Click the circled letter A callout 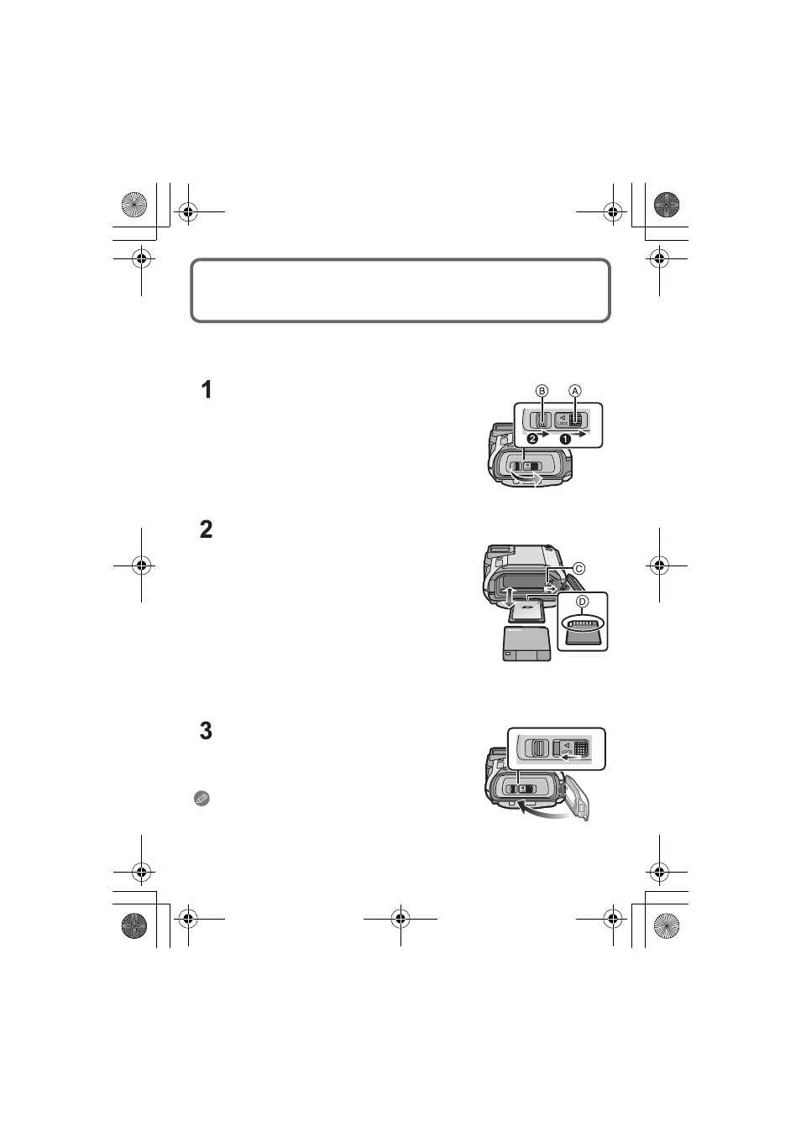[574, 391]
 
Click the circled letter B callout [542, 391]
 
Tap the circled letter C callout [578, 569]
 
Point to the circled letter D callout [582, 602]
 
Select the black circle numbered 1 [565, 439]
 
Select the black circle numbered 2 [531, 438]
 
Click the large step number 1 [207, 390]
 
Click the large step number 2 [207, 529]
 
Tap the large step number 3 [207, 731]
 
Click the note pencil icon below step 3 [202, 798]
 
